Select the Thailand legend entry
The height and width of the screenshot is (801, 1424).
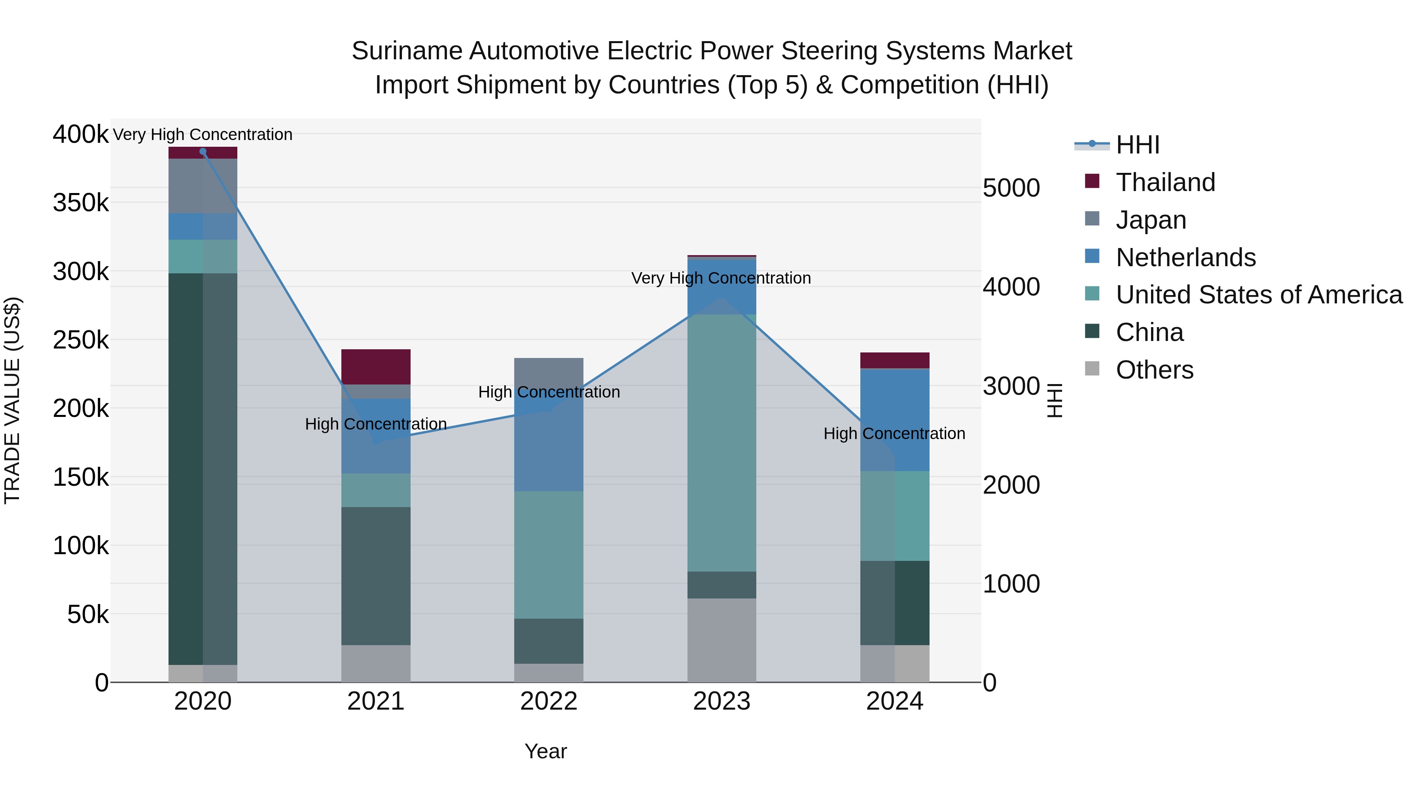point(1165,182)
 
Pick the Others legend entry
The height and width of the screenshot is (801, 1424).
point(1154,370)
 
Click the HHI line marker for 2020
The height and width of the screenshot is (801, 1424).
point(203,151)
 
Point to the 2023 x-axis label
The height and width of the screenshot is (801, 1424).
point(721,701)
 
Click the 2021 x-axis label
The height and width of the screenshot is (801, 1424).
point(375,701)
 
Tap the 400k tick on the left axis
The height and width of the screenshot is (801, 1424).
point(81,134)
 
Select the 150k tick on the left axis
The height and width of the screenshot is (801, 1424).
point(81,477)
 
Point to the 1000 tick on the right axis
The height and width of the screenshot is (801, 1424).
point(1011,584)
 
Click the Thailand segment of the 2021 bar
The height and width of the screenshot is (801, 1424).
point(376,367)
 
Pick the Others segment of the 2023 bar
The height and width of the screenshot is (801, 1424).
point(721,640)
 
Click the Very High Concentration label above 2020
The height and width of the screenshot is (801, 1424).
point(203,135)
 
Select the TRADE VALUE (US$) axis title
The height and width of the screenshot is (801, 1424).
point(12,400)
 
